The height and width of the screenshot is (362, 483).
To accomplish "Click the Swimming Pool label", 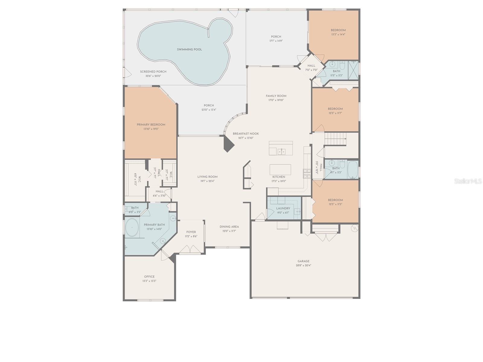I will point(189,49).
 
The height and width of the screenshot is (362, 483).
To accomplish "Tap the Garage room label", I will point(303,261).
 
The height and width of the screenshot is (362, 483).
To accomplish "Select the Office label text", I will point(149,277).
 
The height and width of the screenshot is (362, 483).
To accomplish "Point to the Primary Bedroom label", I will point(151,125).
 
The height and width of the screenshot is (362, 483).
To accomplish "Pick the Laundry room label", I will point(283,208).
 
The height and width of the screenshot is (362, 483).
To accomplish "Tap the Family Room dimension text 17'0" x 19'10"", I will point(276,100).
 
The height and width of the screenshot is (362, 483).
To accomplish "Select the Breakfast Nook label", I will point(246,134).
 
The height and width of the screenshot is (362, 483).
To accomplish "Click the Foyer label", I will point(191,232).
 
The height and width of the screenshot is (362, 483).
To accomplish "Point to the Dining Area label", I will point(229,227).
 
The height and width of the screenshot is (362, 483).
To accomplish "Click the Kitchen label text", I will point(279,177).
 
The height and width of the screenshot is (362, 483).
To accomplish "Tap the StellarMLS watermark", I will point(468,181).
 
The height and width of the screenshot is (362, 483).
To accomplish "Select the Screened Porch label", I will point(153,72).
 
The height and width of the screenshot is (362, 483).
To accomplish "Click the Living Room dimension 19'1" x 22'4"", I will point(207,181).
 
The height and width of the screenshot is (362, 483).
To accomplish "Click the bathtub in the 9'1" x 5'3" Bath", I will point(352,170).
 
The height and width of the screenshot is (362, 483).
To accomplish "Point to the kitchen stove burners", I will point(307,173).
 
